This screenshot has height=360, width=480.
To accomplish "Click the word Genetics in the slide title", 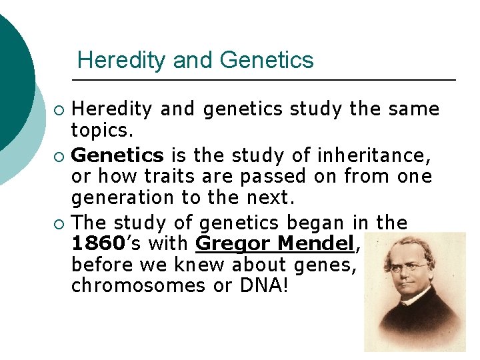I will pos(266,61).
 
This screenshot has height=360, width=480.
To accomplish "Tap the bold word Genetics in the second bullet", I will pos(117,156).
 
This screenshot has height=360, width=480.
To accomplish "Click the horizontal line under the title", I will pos(263,80).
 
